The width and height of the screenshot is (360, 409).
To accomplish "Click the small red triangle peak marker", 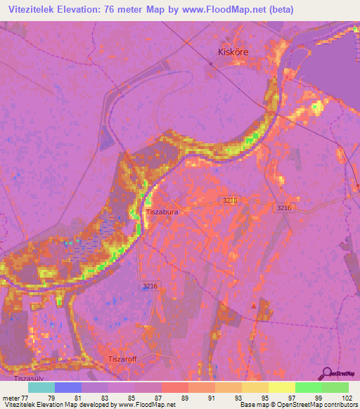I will coord(254,306).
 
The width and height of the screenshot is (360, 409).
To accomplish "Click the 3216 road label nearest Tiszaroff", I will coord(149,285).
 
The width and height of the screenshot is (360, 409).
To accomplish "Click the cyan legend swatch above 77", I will coord(41,387).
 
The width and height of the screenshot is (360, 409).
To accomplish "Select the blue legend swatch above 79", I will coord(68,387).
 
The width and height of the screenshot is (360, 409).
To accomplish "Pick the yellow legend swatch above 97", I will coord(281,387).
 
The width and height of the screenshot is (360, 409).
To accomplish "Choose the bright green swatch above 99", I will coord(308,387).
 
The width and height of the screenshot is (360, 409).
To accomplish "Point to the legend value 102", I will coord(347,398).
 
